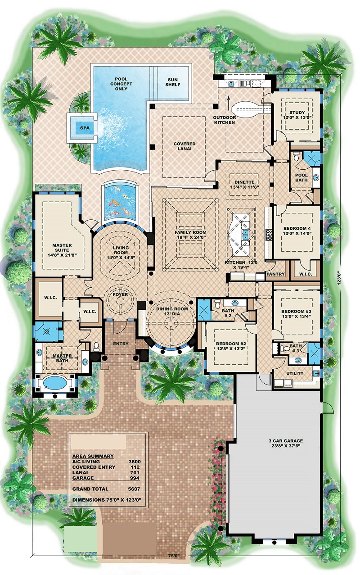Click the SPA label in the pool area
click(84, 127)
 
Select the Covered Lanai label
click(184, 147)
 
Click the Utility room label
click(295, 373)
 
